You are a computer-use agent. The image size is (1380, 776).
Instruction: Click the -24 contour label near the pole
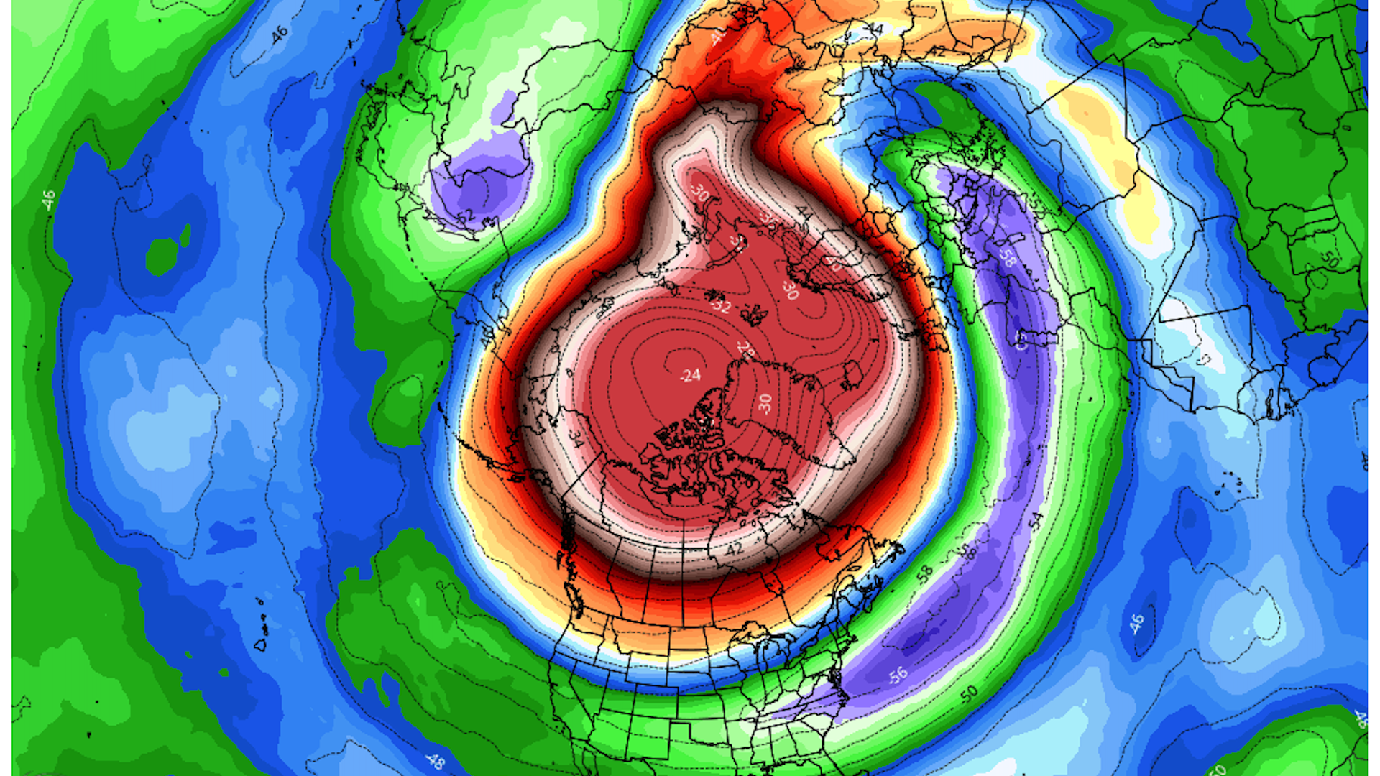(691, 375)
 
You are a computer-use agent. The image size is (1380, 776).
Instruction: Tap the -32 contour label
(720, 306)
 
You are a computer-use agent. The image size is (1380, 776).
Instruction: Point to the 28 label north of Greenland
(746, 349)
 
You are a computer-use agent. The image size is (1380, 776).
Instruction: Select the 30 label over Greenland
(765, 403)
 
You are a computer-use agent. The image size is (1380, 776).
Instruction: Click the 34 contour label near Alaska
(576, 437)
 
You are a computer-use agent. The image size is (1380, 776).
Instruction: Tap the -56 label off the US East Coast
(897, 675)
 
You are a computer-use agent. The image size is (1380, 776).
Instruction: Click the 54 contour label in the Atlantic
(1036, 521)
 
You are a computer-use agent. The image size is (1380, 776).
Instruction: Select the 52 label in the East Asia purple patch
(466, 215)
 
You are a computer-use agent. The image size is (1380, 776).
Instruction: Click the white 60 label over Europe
(1021, 338)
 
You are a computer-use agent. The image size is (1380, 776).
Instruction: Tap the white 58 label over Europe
(1006, 257)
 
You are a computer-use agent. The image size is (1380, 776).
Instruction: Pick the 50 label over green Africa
(1330, 259)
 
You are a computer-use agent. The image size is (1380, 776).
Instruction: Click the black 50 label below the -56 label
(969, 694)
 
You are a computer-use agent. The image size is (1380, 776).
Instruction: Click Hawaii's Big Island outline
(260, 645)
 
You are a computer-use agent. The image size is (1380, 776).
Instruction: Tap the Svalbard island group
(753, 314)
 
